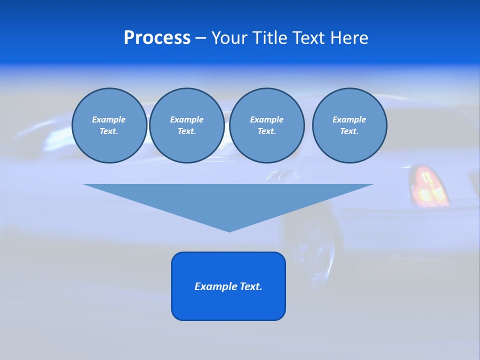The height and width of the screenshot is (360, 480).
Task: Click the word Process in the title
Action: [157, 38]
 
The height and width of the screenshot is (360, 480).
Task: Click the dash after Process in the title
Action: [200, 38]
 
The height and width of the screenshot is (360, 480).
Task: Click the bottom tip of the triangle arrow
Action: [229, 230]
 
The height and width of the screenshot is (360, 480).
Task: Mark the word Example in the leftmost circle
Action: [109, 119]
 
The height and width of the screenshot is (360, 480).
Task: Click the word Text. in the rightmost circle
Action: [349, 131]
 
